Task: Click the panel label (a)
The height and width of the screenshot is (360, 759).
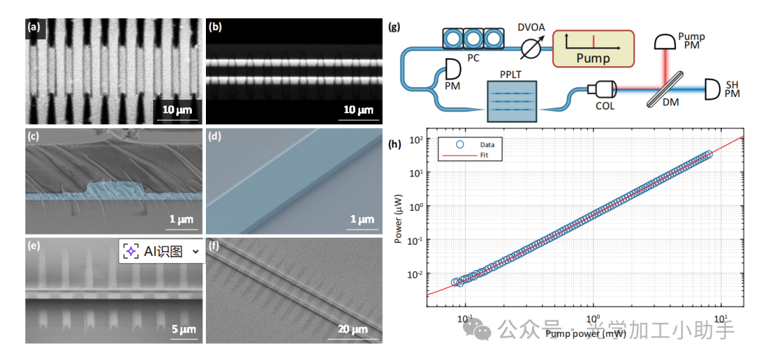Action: [x=33, y=28]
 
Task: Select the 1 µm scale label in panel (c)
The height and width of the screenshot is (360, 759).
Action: [x=181, y=219]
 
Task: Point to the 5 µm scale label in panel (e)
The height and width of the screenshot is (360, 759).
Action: [x=182, y=329]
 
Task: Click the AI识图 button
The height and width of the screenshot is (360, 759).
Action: [x=162, y=251]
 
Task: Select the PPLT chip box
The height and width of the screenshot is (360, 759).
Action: [x=511, y=101]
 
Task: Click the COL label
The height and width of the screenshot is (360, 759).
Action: [x=605, y=106]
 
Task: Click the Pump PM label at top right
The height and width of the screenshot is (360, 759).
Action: [x=693, y=41]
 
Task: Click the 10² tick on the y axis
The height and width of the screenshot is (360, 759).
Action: [x=415, y=139]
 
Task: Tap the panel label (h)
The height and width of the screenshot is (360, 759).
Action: [x=394, y=145]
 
